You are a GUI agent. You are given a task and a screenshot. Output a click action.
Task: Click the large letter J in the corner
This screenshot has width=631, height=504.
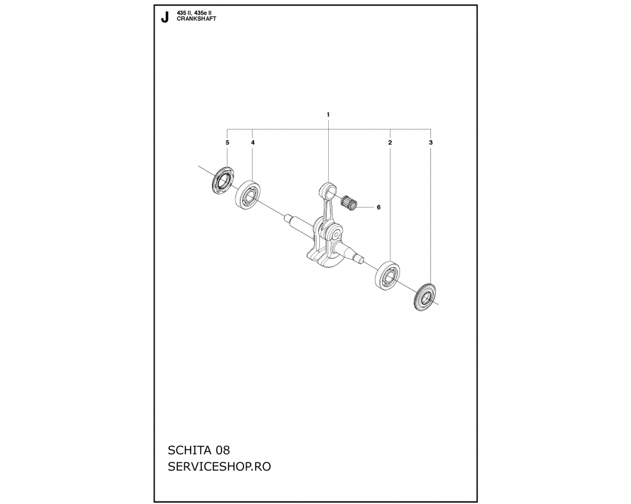[x=164, y=18]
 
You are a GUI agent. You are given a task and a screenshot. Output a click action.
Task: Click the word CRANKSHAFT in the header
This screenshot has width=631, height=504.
[x=196, y=19]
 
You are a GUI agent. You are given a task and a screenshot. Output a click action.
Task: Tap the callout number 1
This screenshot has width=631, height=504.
[x=328, y=115]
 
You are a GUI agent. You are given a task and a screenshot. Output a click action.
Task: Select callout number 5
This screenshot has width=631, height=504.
[x=227, y=142]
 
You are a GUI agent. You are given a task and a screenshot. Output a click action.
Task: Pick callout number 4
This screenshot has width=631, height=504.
[x=253, y=142]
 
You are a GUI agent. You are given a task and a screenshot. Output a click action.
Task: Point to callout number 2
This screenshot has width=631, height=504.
[x=390, y=142]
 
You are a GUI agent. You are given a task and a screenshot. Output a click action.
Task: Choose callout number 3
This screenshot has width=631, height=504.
[x=431, y=142]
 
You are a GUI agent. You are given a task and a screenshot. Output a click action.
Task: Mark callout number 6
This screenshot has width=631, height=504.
[x=378, y=207]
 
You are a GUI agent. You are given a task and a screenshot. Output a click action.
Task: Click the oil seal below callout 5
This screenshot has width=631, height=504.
[x=223, y=180]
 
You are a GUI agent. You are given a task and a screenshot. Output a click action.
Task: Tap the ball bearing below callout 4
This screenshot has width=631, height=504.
[x=247, y=195]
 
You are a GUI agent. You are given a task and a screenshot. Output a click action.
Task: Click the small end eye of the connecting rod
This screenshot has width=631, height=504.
[x=328, y=189]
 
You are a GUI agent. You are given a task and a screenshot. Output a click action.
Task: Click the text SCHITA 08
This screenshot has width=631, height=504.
[x=199, y=449]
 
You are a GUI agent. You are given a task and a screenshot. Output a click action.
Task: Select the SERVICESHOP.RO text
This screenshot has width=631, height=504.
[x=219, y=467]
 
